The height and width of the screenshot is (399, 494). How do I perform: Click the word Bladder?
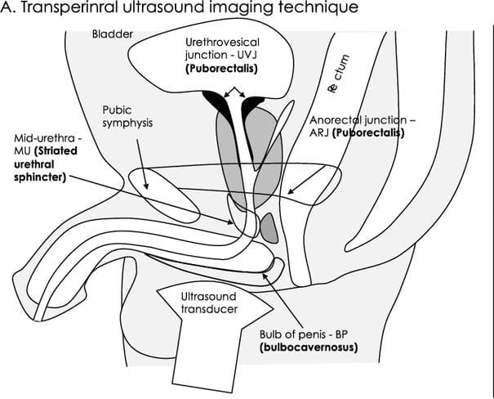111,37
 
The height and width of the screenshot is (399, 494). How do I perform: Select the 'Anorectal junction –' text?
362,119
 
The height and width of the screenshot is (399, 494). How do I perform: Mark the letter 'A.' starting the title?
8,11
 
